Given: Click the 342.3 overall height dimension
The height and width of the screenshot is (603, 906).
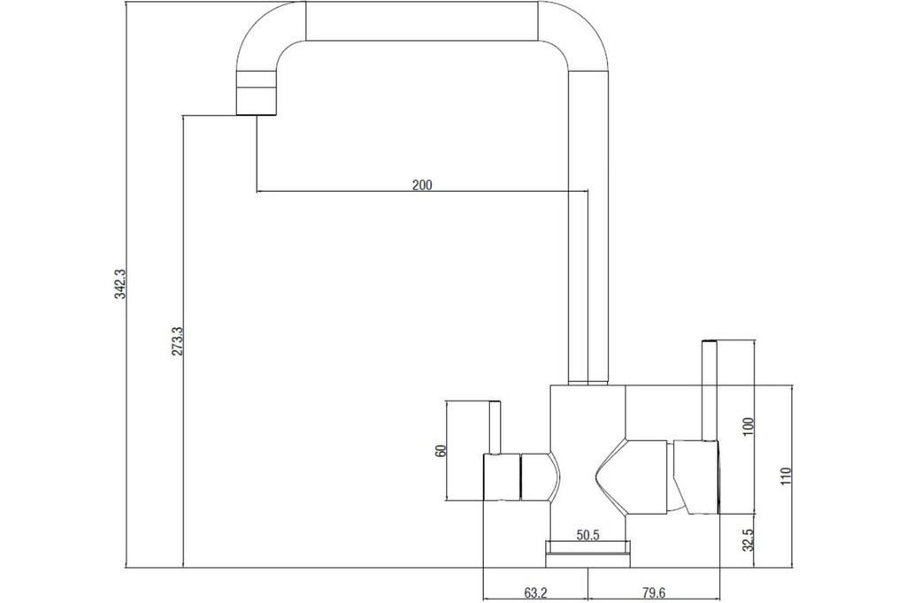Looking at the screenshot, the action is click(120, 283).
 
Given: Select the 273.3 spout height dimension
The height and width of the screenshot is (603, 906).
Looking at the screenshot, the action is click(177, 340).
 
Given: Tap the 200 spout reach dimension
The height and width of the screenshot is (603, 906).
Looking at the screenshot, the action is click(422, 185).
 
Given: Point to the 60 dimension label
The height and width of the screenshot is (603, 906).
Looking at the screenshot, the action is click(441, 451).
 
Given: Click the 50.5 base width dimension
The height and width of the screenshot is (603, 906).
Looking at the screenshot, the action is click(587, 536).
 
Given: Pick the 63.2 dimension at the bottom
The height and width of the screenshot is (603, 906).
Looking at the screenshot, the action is click(535, 592).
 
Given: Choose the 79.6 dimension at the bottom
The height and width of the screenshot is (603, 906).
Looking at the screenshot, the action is click(654, 592).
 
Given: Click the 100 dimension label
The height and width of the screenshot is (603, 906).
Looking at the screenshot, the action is click(749, 426).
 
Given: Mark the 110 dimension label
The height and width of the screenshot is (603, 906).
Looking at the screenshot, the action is click(786, 476).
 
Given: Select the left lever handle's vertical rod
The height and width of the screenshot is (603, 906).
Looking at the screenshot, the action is click(495, 427).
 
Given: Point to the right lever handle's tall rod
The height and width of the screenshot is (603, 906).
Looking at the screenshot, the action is click(709, 391).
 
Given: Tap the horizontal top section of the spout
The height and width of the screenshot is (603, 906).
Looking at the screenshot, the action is click(422, 21).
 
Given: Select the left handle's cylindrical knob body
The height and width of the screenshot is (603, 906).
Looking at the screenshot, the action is click(502, 477).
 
